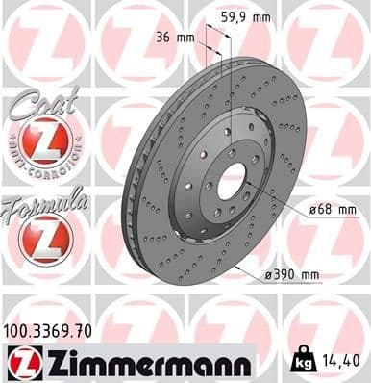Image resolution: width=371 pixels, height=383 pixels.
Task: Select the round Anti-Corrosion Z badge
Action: [x=38, y=144]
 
